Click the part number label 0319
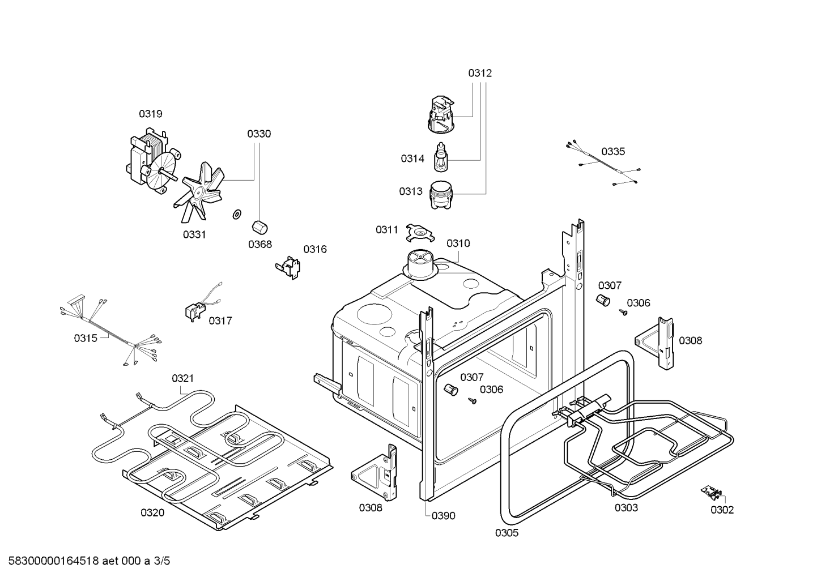[151, 114]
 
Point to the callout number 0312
[480, 73]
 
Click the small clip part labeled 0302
[713, 493]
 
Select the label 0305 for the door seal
[507, 533]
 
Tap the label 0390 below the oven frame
[443, 516]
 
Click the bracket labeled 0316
[289, 266]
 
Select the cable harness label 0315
[86, 338]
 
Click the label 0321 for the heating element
[182, 378]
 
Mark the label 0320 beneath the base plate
[152, 513]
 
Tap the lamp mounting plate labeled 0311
[420, 231]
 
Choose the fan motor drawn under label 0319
[147, 160]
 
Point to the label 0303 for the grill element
[626, 507]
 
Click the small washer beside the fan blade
[236, 214]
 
